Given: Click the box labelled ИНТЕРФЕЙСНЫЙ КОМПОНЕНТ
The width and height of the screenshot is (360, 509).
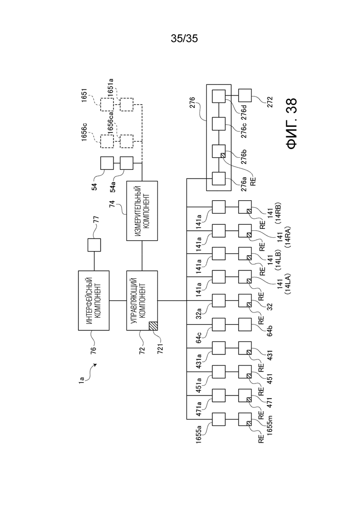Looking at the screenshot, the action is pos(94,300).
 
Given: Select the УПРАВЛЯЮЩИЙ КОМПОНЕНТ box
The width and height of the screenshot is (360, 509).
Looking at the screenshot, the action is pos(142,300).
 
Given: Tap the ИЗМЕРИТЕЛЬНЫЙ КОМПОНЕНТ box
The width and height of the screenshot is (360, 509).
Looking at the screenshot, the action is pos(142,211).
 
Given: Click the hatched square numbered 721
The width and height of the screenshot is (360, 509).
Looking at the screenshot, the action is pos(153,326).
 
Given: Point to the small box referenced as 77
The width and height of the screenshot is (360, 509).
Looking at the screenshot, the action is pos(94,245).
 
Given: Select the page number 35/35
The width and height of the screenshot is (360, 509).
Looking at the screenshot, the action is pos(184,39).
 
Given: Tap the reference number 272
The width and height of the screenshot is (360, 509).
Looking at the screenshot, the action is pos(270,102).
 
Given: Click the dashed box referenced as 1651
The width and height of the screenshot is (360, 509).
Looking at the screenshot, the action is pos(107,105).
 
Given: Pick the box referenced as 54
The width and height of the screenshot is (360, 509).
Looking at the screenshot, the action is pos(107,163).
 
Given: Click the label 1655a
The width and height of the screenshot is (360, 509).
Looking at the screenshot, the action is pos(198,433).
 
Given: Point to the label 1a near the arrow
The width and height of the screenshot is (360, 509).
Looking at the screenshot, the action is pos(81,379).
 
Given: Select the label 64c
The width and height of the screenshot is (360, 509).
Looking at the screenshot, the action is pos(198,338).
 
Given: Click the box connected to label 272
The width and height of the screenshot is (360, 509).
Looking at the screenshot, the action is pos(245,96).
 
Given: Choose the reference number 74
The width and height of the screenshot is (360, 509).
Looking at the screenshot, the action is pos(112,204).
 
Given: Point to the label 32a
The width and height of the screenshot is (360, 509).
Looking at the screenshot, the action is pos(198,314).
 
